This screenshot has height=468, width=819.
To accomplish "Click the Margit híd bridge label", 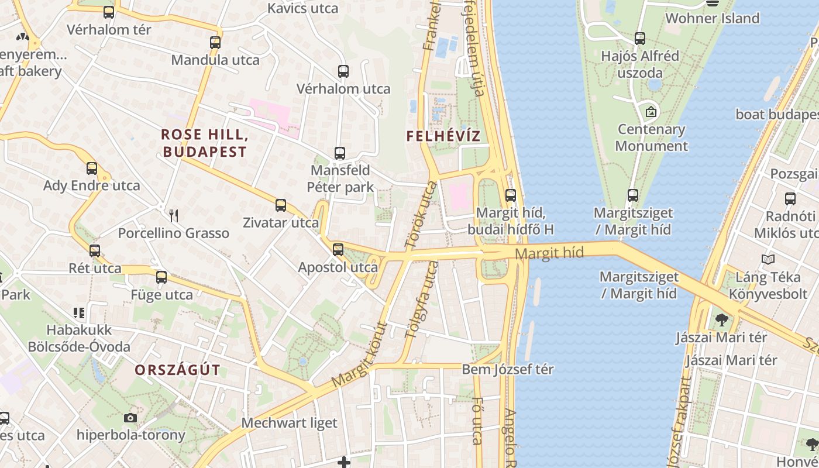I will click(550, 253).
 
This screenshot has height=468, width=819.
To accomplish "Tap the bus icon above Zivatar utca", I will click(281, 205).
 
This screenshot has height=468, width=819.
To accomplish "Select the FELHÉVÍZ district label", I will click(443, 136).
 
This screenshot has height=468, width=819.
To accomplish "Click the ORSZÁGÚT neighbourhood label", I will click(177, 370).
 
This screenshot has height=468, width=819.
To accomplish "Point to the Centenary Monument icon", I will click(651, 111).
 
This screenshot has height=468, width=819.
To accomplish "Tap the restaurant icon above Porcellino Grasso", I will click(173, 216).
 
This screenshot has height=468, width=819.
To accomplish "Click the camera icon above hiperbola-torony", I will click(130, 418).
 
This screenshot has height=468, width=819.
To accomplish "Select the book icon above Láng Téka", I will click(768, 259).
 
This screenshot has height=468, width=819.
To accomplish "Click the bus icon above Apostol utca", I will click(338, 250).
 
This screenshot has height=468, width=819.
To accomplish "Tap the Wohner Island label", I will click(712, 18).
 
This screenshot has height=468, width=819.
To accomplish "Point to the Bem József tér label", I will click(508, 370).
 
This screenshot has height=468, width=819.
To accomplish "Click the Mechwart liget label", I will click(289, 422).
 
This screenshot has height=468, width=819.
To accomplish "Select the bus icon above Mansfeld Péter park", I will click(340, 153).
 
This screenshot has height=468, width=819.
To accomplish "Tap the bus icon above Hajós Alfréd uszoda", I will click(640, 39).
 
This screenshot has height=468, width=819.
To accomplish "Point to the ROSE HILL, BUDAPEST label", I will click(205, 143).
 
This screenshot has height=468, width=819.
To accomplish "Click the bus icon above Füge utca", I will click(161, 277).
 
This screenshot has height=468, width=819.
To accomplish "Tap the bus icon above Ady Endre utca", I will click(92, 168).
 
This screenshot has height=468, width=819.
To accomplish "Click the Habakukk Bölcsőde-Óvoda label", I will click(79, 338).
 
